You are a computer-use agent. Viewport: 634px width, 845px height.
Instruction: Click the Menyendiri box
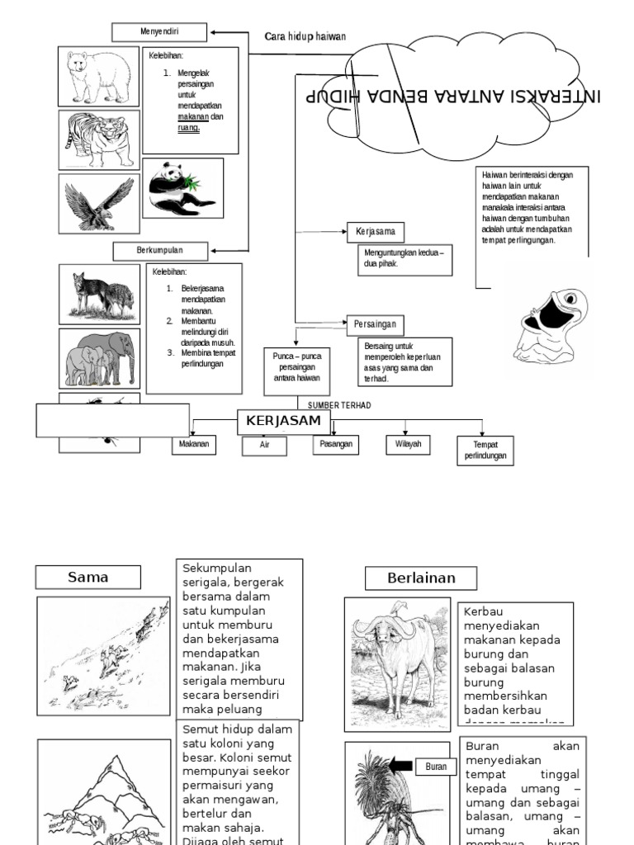click(x=159, y=32)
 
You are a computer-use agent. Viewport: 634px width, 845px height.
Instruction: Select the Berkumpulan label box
click(x=159, y=249)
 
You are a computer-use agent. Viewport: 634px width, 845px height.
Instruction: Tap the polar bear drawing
click(x=98, y=76)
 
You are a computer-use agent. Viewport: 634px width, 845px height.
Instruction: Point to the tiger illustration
click(x=98, y=139)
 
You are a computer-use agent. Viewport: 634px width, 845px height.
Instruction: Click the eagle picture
click(x=98, y=203)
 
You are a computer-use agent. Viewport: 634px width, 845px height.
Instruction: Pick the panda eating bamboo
click(x=182, y=188)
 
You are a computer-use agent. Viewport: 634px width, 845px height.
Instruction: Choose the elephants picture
click(x=99, y=358)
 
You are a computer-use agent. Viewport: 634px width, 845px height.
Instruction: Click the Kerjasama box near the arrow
click(x=376, y=232)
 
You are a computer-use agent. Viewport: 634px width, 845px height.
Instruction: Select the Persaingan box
click(x=376, y=323)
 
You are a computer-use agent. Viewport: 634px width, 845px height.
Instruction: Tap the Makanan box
click(x=192, y=445)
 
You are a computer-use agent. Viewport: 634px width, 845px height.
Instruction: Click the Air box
click(x=264, y=446)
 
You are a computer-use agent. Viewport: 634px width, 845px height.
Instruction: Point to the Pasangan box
click(x=336, y=445)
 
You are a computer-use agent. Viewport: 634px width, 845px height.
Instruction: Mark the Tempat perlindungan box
click(x=485, y=451)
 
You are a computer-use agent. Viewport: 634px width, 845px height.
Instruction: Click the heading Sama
click(x=88, y=578)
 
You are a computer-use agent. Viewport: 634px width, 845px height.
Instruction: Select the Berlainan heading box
click(x=421, y=578)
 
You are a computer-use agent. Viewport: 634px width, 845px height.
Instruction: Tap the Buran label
click(x=435, y=767)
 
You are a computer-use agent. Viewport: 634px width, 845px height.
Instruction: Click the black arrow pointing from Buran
click(x=401, y=766)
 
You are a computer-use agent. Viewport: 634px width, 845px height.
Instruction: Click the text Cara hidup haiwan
click(x=305, y=36)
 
